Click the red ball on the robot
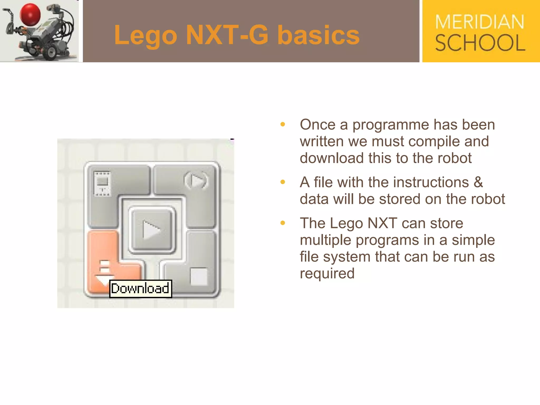30,15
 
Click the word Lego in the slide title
145,36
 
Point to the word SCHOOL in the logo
480,43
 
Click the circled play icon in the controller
196,180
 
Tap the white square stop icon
199,276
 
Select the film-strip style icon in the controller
102,184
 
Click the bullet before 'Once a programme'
283,124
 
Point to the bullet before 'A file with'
283,182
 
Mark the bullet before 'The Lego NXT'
283,223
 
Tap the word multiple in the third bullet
325,240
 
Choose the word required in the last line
327,273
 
